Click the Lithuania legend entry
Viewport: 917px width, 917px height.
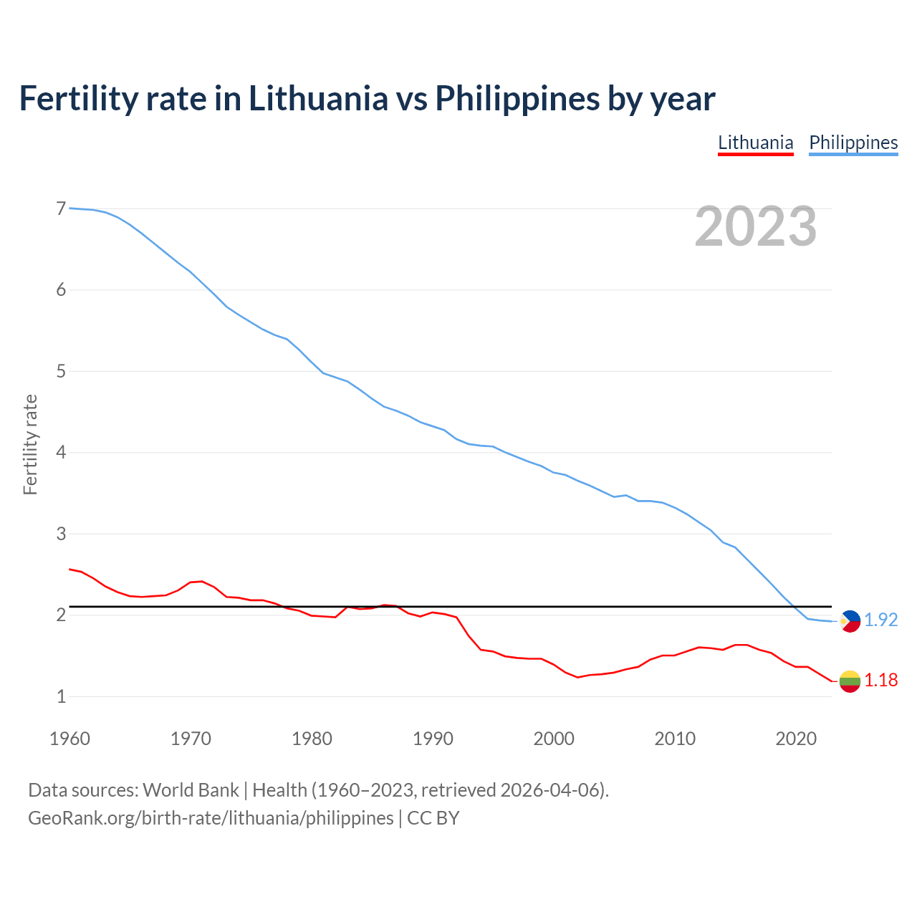(755, 143)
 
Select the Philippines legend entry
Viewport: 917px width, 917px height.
(853, 143)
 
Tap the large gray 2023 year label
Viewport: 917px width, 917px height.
(755, 226)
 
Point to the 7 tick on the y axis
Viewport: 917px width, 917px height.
(61, 208)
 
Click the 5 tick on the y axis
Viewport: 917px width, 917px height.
(61, 371)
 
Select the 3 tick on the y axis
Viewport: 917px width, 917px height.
(61, 534)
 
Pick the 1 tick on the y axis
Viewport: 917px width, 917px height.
(61, 696)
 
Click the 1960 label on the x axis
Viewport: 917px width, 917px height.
(69, 739)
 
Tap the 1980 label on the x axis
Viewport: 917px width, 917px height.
(312, 739)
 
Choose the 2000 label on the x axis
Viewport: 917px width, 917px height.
(554, 739)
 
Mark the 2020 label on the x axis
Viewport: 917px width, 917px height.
(796, 739)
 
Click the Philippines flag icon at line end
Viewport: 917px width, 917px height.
(850, 621)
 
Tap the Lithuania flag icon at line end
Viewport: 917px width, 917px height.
(850, 681)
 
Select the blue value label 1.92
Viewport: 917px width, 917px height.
(880, 620)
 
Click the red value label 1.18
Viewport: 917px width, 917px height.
(880, 681)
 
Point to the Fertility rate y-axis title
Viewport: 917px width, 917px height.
(30, 444)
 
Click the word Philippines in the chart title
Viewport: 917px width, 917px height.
(517, 98)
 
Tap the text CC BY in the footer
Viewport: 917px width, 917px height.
(433, 818)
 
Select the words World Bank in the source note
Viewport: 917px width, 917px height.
(191, 790)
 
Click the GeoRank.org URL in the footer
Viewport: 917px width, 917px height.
(211, 818)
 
